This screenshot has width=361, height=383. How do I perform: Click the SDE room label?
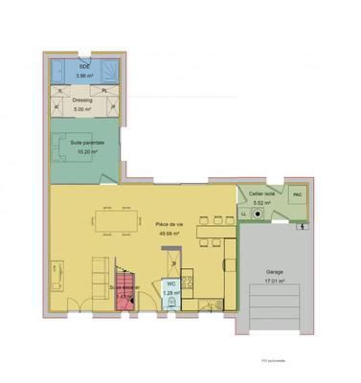pos(84,66)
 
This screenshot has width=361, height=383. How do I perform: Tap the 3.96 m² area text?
pos(84,74)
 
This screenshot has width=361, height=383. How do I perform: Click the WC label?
pos(170,283)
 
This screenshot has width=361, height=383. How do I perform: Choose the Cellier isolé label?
pos(262,193)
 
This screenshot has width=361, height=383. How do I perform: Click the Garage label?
pos(275,273)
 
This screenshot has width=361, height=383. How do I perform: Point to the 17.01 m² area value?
pos(275,282)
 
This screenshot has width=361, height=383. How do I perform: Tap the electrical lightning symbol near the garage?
pos(305,227)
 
